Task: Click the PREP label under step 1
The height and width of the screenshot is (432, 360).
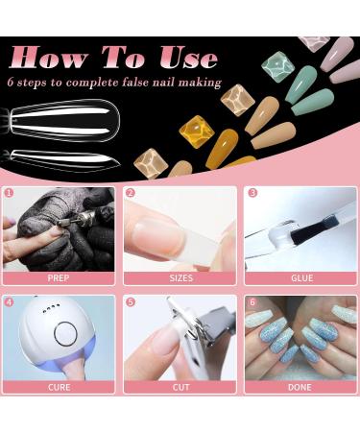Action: point(59,278)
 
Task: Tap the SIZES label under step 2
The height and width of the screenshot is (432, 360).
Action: point(180,278)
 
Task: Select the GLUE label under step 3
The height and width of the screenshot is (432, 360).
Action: point(301,278)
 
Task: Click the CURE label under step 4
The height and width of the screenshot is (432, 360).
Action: point(59,387)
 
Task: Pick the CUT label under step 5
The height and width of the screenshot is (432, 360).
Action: point(180,387)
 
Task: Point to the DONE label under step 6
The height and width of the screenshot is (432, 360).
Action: point(301,387)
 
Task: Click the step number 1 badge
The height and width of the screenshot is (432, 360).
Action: point(10,193)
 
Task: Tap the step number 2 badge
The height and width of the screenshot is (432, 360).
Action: point(131,193)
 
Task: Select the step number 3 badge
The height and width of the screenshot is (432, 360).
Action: point(252,193)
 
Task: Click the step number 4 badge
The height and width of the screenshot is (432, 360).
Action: point(10,301)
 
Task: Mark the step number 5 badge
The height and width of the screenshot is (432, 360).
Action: point(131,301)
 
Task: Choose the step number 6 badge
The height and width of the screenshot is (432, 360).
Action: point(252,301)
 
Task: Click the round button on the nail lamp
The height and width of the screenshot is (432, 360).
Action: point(65,335)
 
